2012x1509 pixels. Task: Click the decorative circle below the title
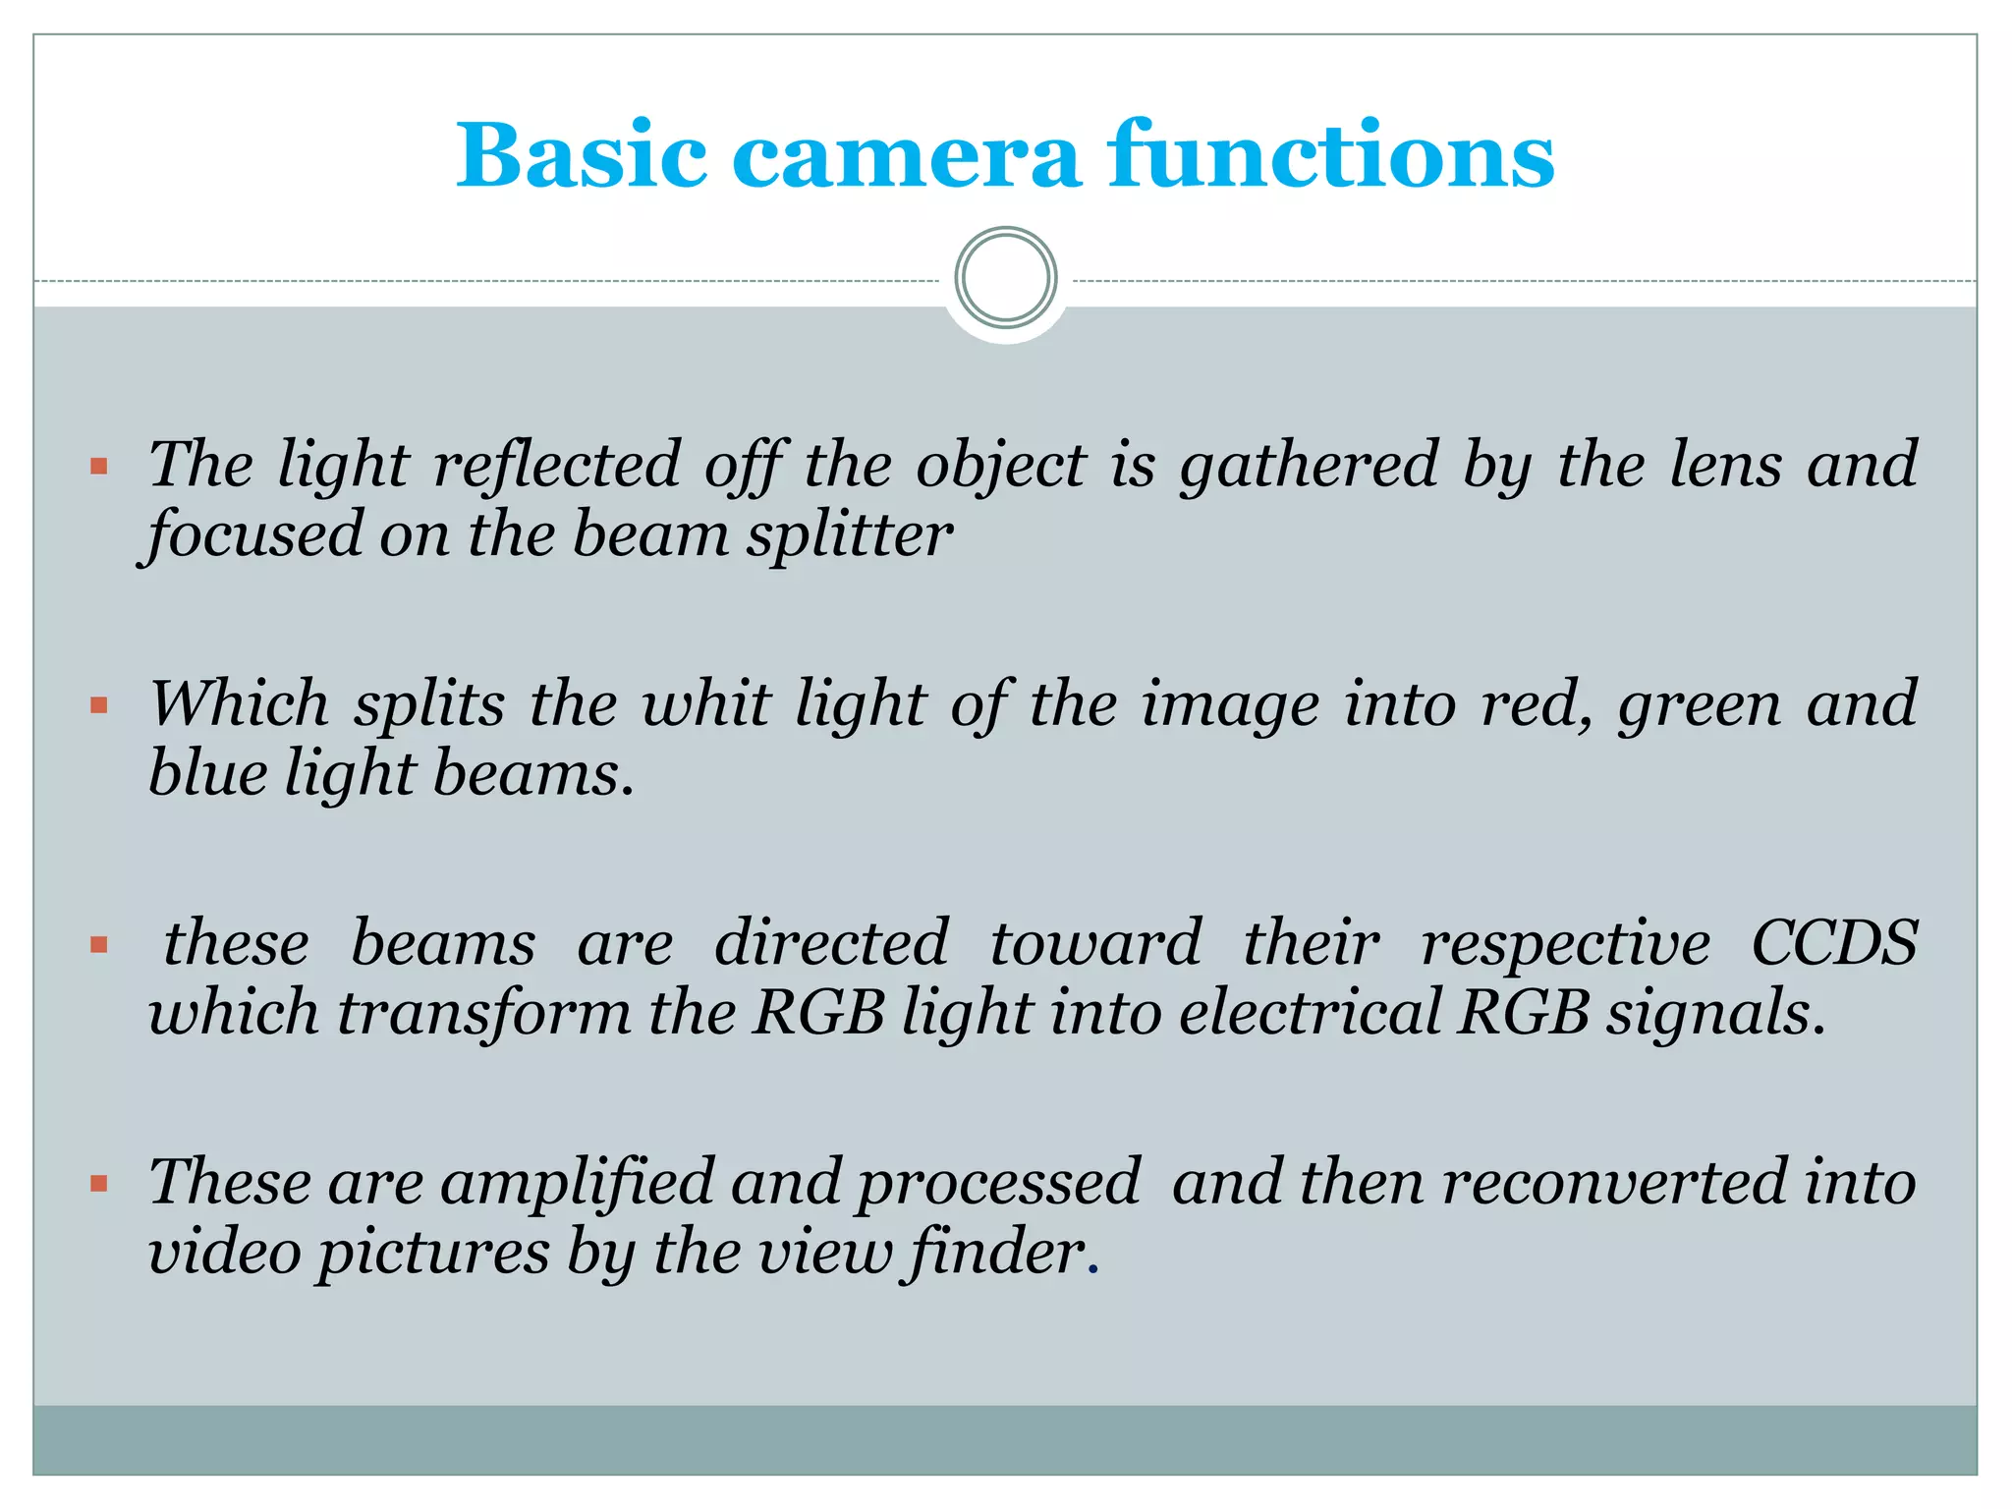(1006, 278)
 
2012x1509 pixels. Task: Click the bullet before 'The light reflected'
(98, 466)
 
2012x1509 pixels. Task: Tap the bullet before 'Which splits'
(98, 705)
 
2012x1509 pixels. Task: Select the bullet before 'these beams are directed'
(98, 945)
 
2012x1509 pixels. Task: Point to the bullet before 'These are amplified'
(98, 1184)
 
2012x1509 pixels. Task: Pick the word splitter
(849, 535)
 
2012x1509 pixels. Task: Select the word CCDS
(1834, 943)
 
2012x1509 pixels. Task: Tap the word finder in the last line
(997, 1253)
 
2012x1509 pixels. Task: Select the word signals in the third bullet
(1715, 1014)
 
